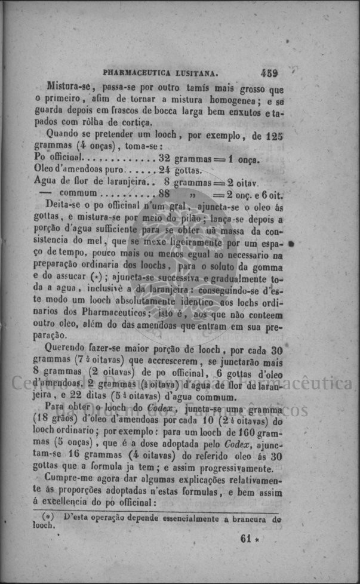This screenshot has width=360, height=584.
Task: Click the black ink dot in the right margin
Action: (291, 244)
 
